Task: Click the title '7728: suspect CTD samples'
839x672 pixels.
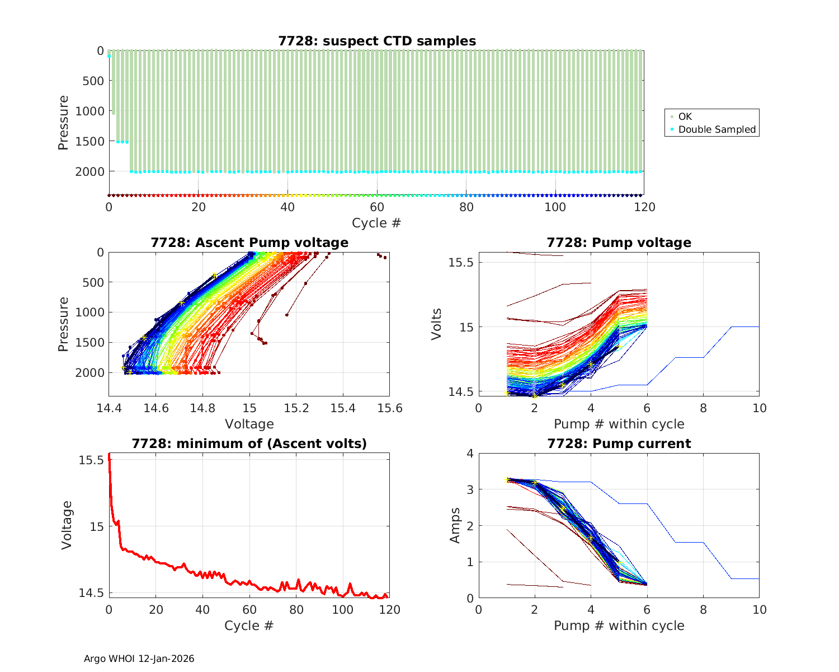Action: pyautogui.click(x=377, y=41)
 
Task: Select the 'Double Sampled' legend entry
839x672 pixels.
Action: pyautogui.click(x=717, y=129)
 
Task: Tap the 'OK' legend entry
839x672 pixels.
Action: pyautogui.click(x=685, y=116)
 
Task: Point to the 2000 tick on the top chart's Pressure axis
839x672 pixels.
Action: pyautogui.click(x=89, y=171)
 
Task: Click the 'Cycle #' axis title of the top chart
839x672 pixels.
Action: pyautogui.click(x=376, y=223)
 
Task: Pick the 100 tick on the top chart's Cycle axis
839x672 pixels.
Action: pyautogui.click(x=555, y=207)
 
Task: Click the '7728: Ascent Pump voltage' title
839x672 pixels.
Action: pyautogui.click(x=249, y=242)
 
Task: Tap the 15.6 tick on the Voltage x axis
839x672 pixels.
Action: pyautogui.click(x=390, y=408)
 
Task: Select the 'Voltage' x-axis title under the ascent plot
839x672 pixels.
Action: pyautogui.click(x=249, y=424)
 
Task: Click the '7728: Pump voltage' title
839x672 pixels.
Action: pyautogui.click(x=619, y=242)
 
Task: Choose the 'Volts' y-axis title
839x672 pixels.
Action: pyautogui.click(x=437, y=324)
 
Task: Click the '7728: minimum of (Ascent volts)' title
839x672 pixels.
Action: pyautogui.click(x=249, y=444)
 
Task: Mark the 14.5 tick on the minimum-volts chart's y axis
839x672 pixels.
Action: pyautogui.click(x=91, y=592)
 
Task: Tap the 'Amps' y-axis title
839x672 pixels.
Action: pyautogui.click(x=456, y=525)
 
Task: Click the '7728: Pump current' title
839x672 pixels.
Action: pyautogui.click(x=619, y=444)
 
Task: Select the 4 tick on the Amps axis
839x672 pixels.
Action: pyautogui.click(x=469, y=453)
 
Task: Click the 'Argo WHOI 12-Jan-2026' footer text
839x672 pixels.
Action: pyautogui.click(x=139, y=659)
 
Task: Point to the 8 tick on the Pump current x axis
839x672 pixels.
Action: pyautogui.click(x=703, y=609)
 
